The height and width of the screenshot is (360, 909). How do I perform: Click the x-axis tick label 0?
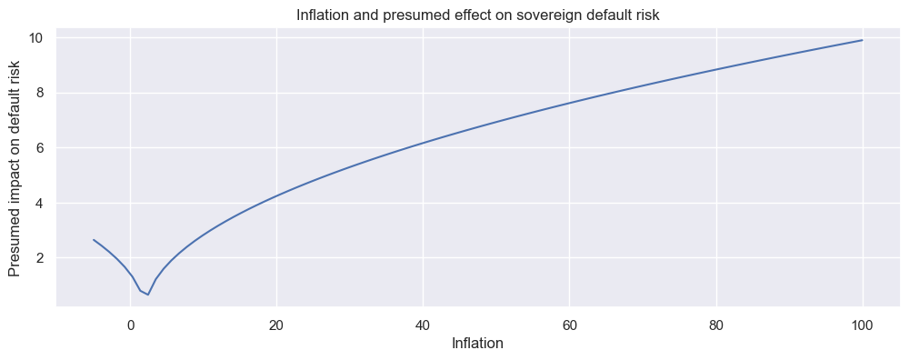click(x=130, y=325)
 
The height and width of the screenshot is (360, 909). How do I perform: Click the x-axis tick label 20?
click(x=276, y=325)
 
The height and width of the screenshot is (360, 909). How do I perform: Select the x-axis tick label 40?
click(x=423, y=325)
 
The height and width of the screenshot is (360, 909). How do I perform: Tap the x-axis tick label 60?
click(x=569, y=325)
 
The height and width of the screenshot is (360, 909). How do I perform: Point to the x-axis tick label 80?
click(x=716, y=325)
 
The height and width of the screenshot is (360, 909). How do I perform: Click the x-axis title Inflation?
click(x=477, y=344)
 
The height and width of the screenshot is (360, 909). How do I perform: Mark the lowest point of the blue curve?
click(x=147, y=295)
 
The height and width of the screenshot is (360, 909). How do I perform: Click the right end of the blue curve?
click(x=863, y=40)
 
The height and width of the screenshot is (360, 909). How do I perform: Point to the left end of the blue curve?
click(x=94, y=240)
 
